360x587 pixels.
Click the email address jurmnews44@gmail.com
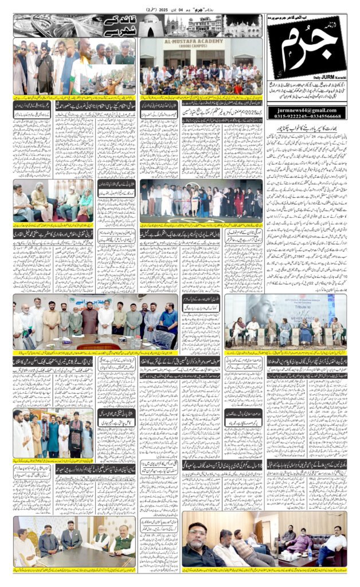pyautogui.click(x=306, y=109)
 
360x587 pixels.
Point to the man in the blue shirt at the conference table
pyautogui.click(x=168, y=320)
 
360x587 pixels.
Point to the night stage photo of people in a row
pyautogui.click(x=201, y=201)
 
